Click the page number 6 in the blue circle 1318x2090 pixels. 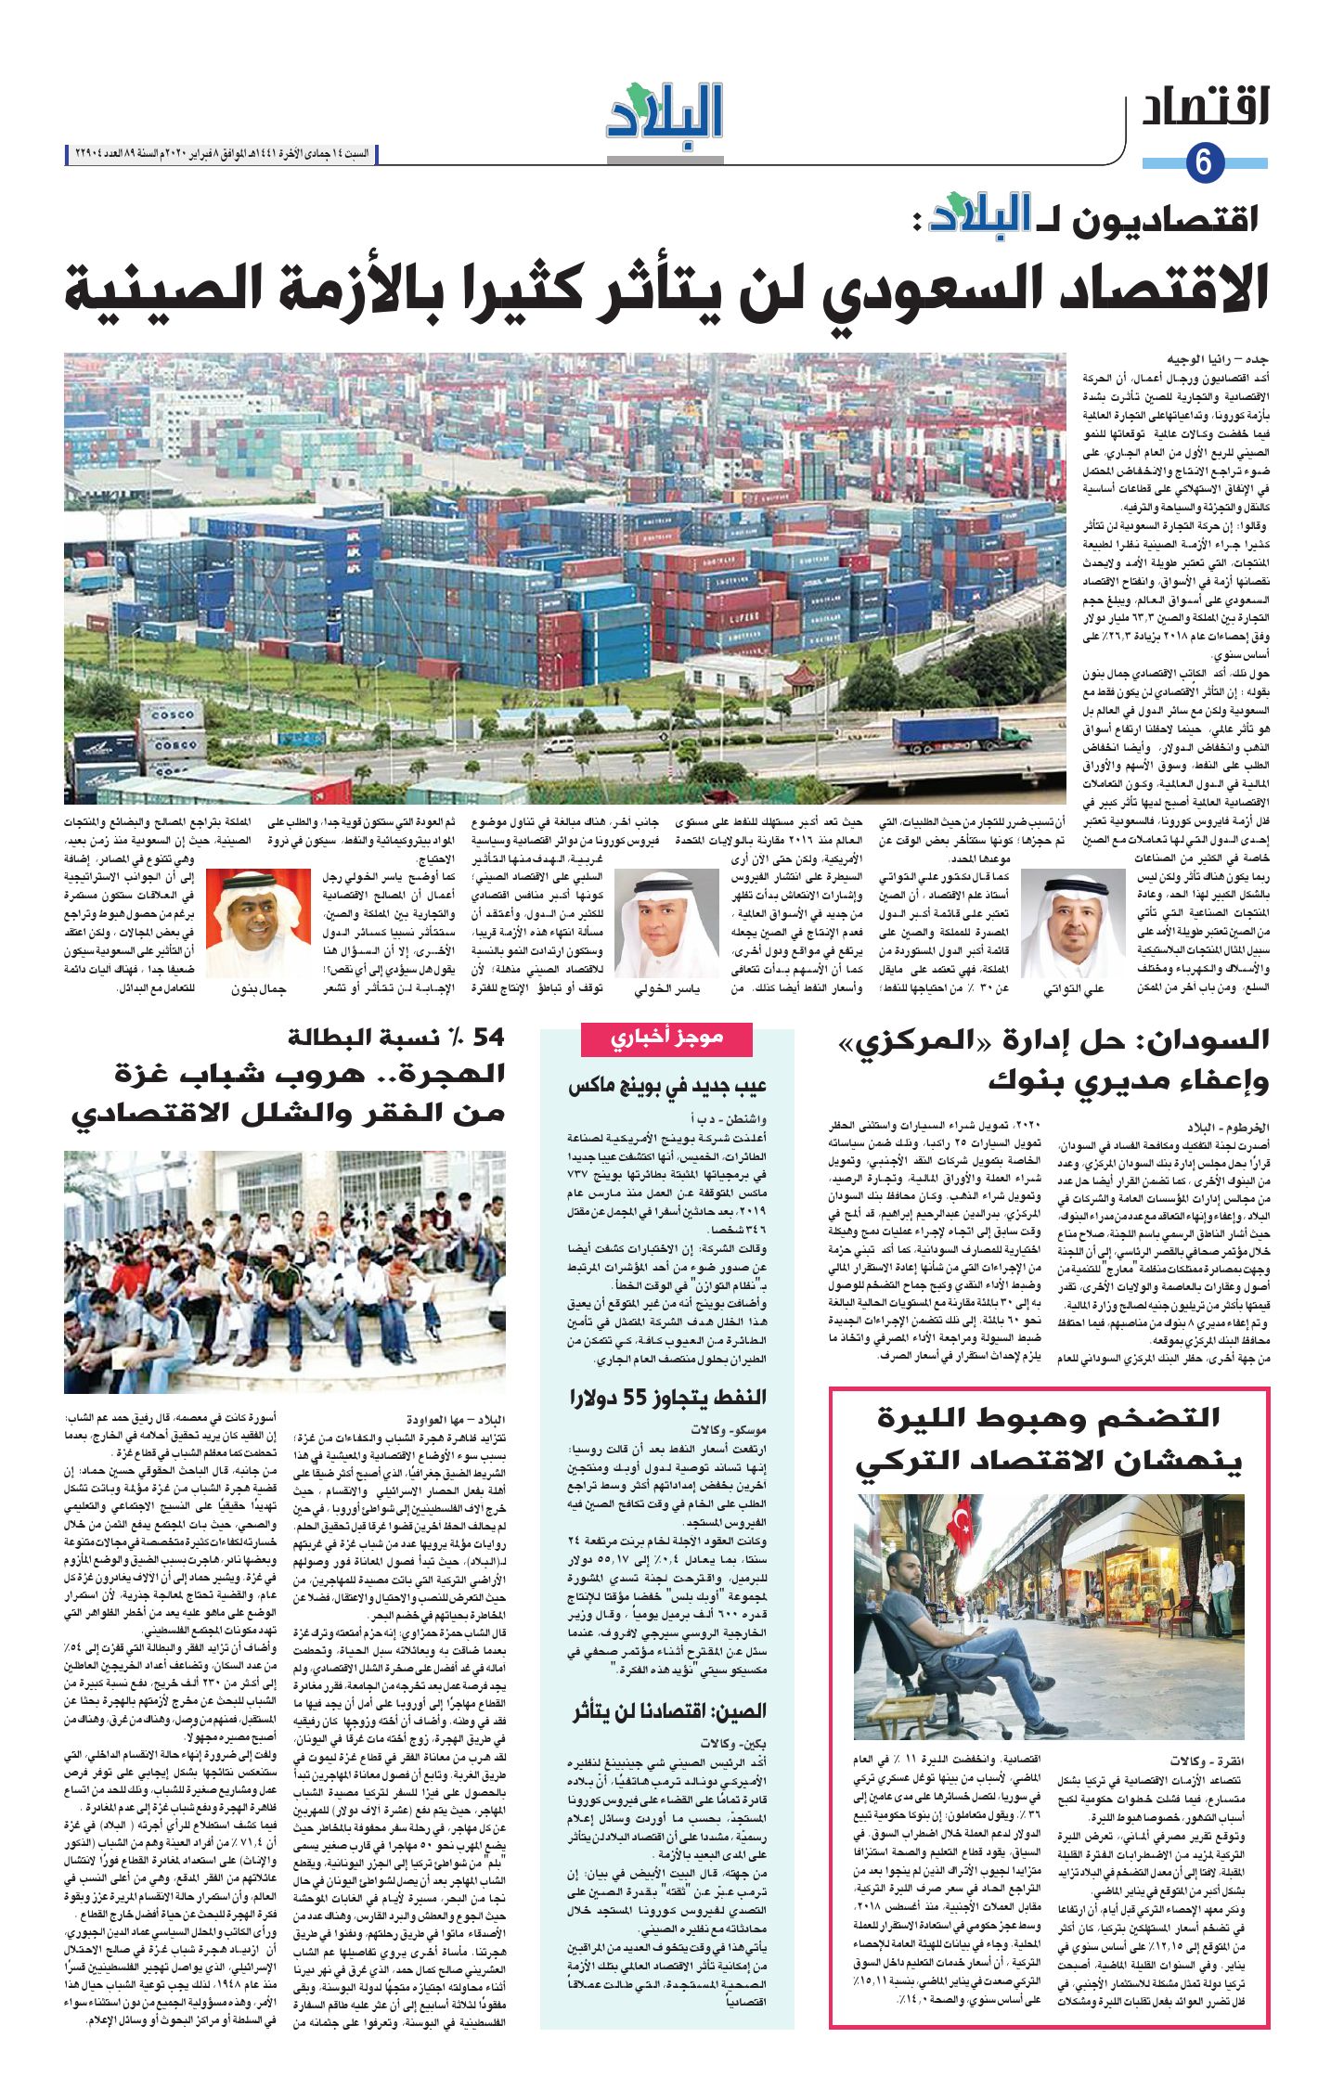click(x=1205, y=163)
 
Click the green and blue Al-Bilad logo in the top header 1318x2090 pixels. click(x=665, y=112)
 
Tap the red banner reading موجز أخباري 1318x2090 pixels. click(x=665, y=1039)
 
